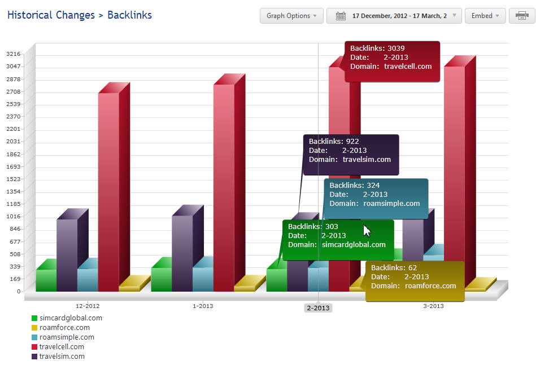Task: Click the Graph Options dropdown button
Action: tap(291, 16)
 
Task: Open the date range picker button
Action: tap(394, 16)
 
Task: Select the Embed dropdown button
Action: tap(485, 16)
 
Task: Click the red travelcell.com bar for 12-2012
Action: tap(108, 192)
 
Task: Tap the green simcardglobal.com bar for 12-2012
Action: tap(46, 280)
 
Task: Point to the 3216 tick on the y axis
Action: tap(13, 54)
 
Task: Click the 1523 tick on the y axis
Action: tap(13, 179)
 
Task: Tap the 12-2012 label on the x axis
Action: tap(88, 306)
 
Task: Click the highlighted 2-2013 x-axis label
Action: tap(318, 308)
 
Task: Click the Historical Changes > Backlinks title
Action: tap(80, 15)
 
